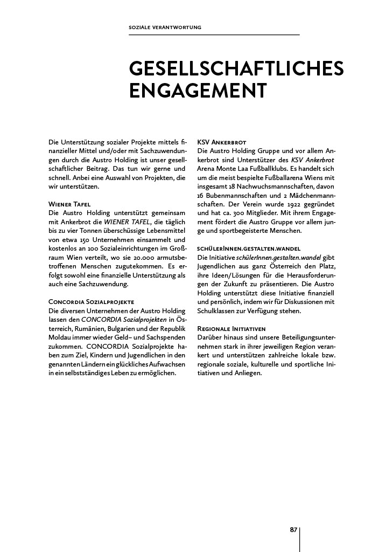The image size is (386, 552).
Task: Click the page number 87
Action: coord(293,530)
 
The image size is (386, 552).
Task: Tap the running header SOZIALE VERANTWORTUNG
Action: coord(165,27)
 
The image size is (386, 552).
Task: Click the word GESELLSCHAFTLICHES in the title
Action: coord(236,70)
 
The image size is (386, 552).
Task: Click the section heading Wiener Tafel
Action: coord(69,204)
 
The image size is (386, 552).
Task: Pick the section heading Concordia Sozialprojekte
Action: coord(91,301)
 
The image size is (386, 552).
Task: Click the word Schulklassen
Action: coord(220,312)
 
